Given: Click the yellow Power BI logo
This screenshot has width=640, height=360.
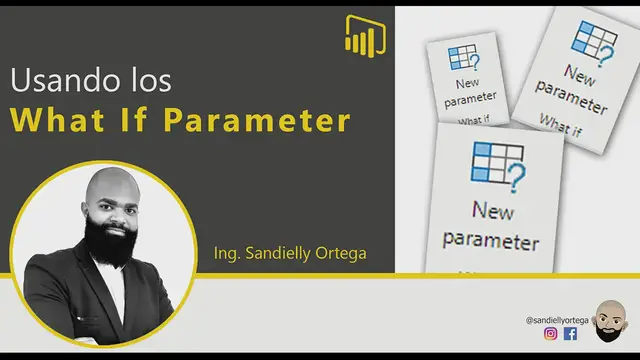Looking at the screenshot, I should [x=365, y=36].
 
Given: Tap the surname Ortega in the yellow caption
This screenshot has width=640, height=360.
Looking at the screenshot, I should [x=340, y=254].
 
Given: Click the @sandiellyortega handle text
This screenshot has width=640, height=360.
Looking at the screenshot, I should [x=558, y=318].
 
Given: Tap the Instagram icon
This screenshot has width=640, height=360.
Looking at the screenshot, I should [x=550, y=334].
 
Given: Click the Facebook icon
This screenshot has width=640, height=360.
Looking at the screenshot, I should [x=570, y=334].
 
